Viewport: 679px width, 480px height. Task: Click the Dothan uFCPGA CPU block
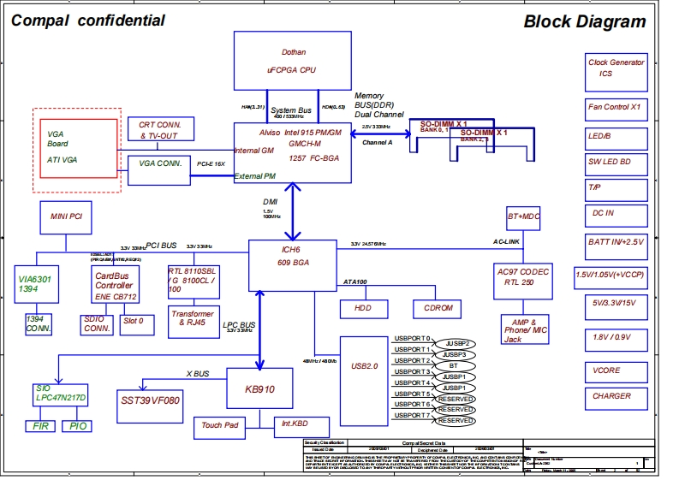point(293,57)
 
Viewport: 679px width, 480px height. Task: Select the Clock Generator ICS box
point(616,68)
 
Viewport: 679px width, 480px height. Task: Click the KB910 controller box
point(259,388)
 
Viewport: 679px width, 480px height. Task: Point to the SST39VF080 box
point(151,400)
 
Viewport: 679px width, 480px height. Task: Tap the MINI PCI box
point(65,218)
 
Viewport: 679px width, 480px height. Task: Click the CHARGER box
point(611,396)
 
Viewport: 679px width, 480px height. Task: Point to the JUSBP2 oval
point(454,344)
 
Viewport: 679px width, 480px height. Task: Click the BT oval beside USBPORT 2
point(454,365)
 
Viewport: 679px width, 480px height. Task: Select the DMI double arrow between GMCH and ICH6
point(293,211)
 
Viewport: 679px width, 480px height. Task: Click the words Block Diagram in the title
point(585,22)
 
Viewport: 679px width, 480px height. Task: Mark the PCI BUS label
point(161,246)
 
